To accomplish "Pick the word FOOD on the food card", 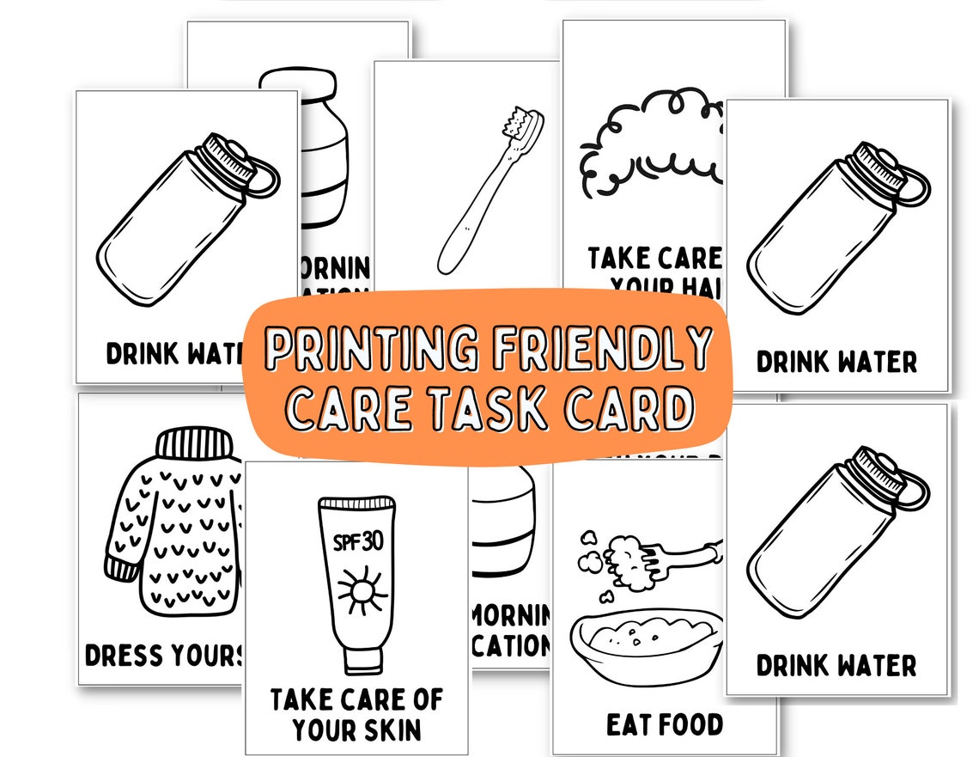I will coord(691,724).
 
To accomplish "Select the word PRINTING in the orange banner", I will coord(371,349).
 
